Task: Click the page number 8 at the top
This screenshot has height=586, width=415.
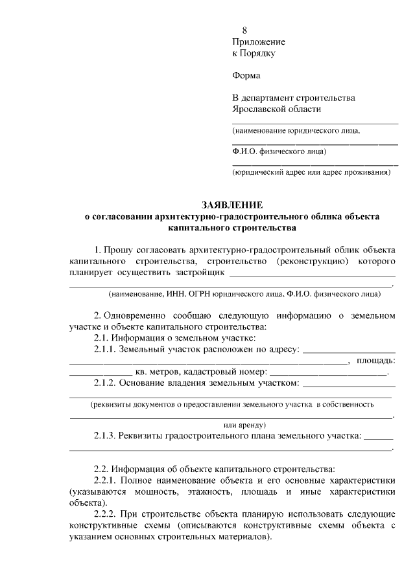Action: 244,30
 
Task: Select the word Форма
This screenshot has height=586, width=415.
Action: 246,76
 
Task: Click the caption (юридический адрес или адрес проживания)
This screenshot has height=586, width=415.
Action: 311,173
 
